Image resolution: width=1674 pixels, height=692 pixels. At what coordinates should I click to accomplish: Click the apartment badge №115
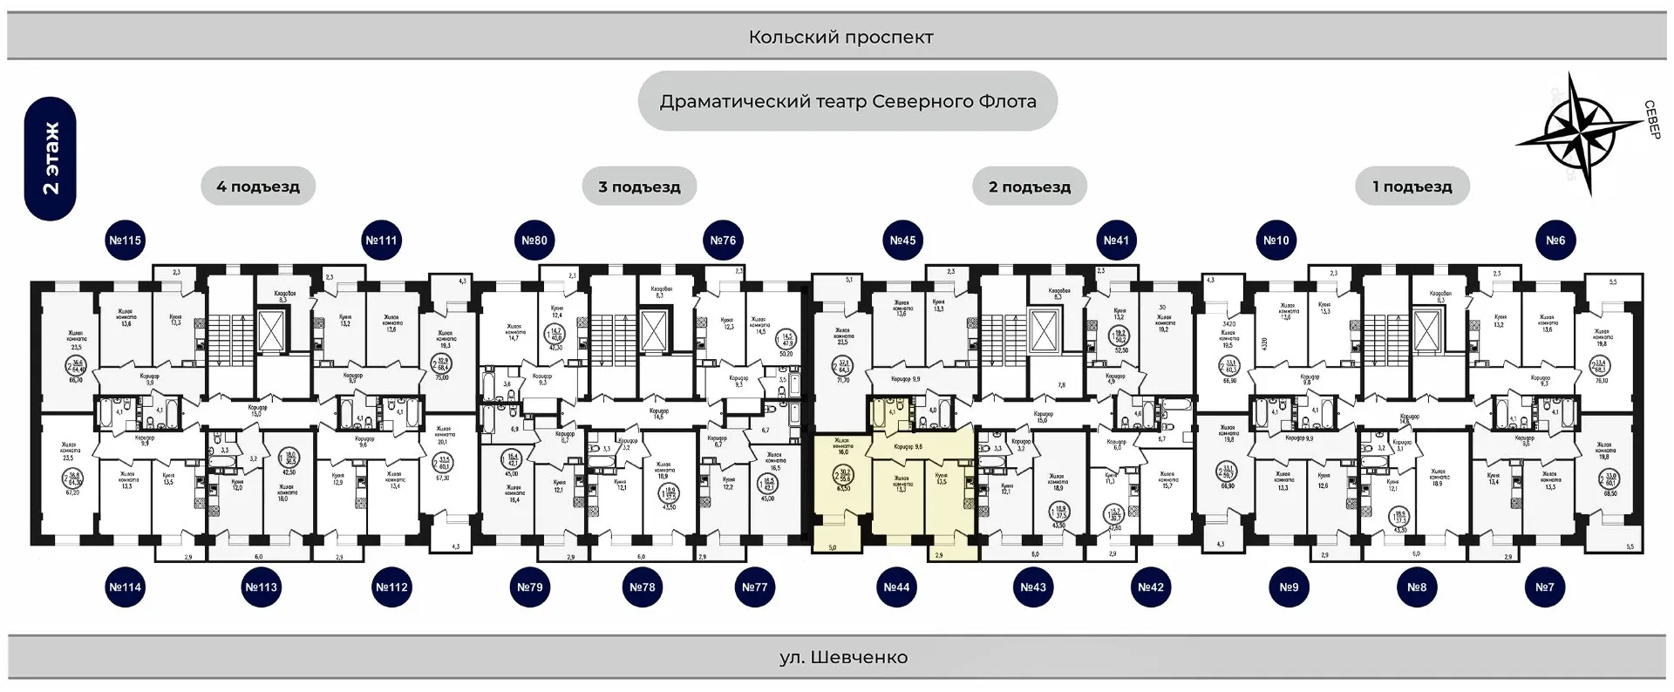(125, 241)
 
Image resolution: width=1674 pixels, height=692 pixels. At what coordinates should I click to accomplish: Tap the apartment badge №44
(896, 587)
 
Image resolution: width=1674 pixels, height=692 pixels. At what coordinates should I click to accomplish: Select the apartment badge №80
(534, 241)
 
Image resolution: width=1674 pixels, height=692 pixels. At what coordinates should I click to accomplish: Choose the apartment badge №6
(1555, 241)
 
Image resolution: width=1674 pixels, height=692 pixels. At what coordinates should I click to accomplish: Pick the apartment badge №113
(261, 587)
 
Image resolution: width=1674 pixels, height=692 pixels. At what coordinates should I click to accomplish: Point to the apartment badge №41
(1116, 241)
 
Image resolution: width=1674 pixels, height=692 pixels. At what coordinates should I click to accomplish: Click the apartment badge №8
(1417, 587)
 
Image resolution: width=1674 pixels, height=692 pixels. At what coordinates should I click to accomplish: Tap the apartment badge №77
(754, 587)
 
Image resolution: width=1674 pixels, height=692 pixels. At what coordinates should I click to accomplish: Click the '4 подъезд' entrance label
(258, 187)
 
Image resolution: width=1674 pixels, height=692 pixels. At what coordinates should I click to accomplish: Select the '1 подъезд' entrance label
(1412, 187)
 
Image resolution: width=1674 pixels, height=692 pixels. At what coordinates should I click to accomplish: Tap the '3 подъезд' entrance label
(639, 187)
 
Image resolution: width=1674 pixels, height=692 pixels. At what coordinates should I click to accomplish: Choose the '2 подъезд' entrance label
(1030, 187)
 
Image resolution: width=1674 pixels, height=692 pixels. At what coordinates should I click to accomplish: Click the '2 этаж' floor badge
(51, 159)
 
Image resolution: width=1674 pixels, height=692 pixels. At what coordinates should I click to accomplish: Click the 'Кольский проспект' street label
(840, 37)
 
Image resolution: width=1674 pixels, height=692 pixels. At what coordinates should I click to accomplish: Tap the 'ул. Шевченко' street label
(843, 657)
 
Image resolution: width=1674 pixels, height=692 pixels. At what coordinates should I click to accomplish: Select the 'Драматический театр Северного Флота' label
(847, 101)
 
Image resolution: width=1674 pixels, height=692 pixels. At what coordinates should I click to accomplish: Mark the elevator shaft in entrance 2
(1045, 331)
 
